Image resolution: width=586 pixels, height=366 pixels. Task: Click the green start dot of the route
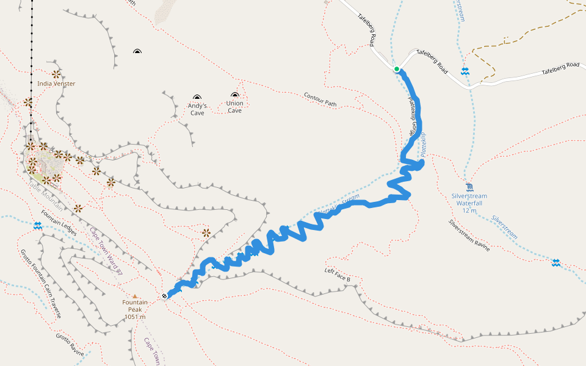tap(396, 69)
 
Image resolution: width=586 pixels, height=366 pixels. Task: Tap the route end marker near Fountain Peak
tap(165, 296)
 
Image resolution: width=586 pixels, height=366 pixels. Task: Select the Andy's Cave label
tap(197, 109)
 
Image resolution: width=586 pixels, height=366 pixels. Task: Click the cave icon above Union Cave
tap(235, 95)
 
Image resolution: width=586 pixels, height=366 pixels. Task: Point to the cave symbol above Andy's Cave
tap(197, 97)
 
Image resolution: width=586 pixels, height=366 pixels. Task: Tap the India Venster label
tap(56, 84)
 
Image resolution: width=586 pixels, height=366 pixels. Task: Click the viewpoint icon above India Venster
tap(56, 74)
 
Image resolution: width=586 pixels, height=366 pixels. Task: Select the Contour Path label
tap(320, 99)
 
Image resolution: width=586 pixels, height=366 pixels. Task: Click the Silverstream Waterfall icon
tap(469, 187)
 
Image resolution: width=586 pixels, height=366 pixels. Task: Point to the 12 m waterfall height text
tap(469, 210)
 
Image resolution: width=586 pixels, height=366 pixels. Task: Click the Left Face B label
tap(338, 274)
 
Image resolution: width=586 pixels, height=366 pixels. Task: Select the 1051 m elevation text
tap(135, 317)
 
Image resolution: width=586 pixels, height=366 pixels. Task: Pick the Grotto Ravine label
tap(70, 345)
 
